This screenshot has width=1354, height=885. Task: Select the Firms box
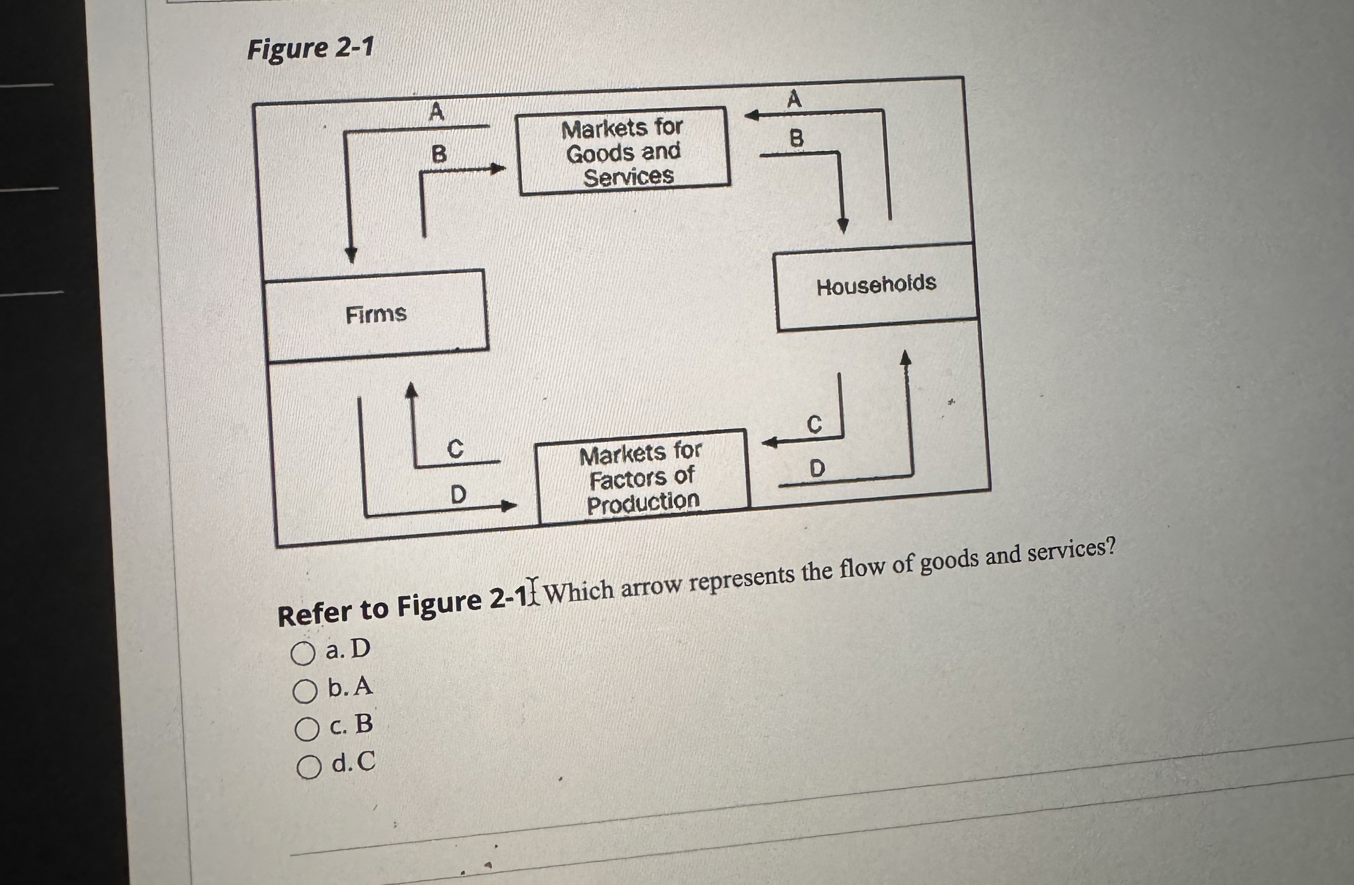pyautogui.click(x=377, y=315)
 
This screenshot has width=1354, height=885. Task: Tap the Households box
pyautogui.click(x=876, y=286)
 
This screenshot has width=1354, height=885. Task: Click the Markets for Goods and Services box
pyautogui.click(x=623, y=151)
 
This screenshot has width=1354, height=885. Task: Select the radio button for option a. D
pyautogui.click(x=303, y=653)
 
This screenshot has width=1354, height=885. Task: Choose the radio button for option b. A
pyautogui.click(x=305, y=692)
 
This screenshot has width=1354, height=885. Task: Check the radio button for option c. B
pyautogui.click(x=307, y=729)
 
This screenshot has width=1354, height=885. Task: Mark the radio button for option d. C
pyautogui.click(x=309, y=767)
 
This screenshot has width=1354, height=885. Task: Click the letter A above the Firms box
pyautogui.click(x=437, y=112)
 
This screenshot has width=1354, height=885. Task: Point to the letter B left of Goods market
pyautogui.click(x=439, y=154)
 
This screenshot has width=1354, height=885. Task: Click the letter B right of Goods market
pyautogui.click(x=797, y=138)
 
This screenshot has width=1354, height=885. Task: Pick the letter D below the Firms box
pyautogui.click(x=458, y=494)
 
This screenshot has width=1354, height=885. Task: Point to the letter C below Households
pyautogui.click(x=814, y=424)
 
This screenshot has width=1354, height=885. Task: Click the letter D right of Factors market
pyautogui.click(x=817, y=469)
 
